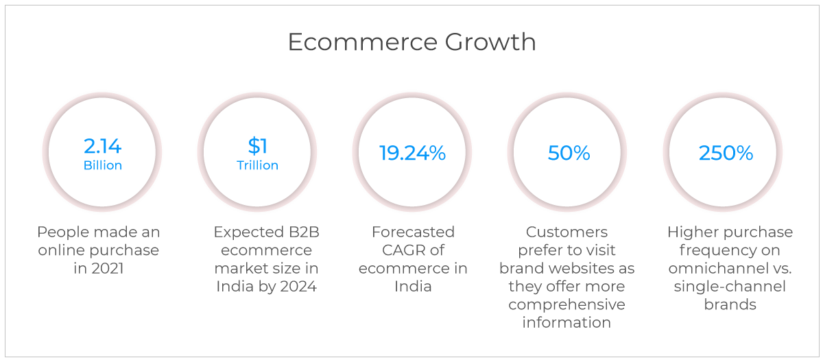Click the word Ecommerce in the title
point(363,42)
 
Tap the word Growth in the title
point(490,42)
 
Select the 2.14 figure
point(102,146)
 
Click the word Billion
point(103,165)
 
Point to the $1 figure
point(258,146)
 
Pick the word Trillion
point(258,165)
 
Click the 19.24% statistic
point(412,153)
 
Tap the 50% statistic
point(569,153)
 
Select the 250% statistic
point(726,153)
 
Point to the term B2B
point(304,232)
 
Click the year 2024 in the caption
point(298,287)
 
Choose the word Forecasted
point(413,232)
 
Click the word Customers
point(566,232)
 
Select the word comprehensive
point(566,304)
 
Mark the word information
point(566,322)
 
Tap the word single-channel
point(730,287)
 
